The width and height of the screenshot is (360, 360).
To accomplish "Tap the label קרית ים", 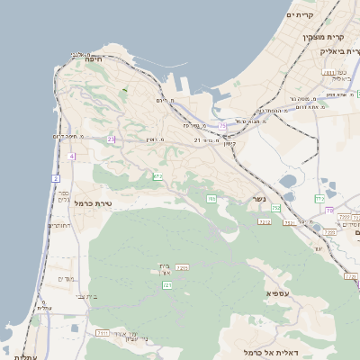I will pyautogui.click(x=299, y=14).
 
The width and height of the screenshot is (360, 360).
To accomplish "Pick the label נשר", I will pyautogui.click(x=258, y=199).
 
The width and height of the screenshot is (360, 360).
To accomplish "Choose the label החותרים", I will pyautogui.click(x=57, y=226).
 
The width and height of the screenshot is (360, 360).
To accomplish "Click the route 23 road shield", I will pyautogui.click(x=111, y=139).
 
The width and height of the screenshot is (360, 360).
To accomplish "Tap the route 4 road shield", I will pyautogui.click(x=70, y=156).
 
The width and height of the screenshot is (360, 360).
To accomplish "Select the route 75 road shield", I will pyautogui.click(x=222, y=126).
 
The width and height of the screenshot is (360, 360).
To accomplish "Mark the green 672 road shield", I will pyautogui.click(x=157, y=176).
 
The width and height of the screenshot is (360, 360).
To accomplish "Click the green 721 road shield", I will pyautogui.click(x=166, y=284).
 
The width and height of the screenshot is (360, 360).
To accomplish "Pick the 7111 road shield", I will pyautogui.click(x=103, y=333).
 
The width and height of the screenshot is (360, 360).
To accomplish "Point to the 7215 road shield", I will pyautogui.click(x=182, y=267).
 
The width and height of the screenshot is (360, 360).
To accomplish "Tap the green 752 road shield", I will pyautogui.click(x=275, y=208).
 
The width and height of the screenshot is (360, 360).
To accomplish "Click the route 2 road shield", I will pyautogui.click(x=56, y=178).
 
